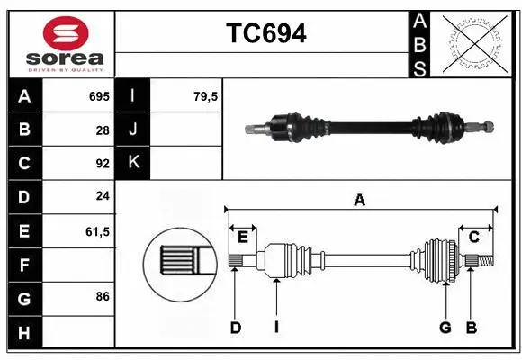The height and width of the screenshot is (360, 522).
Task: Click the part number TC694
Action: coord(265,34)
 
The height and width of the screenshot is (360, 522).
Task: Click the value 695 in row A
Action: coord(98,95)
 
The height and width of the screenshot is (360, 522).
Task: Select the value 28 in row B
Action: coord(102,130)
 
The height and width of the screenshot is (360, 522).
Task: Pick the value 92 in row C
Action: coord(102,164)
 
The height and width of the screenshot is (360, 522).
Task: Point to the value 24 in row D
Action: coord(102,197)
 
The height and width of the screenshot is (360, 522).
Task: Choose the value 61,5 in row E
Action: coord(97,231)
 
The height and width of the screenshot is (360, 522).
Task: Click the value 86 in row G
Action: coord(102,295)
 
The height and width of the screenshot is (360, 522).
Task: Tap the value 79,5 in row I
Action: coord(206,95)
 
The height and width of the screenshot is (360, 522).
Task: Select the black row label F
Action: coord(24,265)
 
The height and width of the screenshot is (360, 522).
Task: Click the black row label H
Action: coord(24,332)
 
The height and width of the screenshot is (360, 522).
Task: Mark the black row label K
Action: coord(133,163)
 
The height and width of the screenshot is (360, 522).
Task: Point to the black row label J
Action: coord(133,130)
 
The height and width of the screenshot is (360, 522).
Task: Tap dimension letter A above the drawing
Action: coord(360,200)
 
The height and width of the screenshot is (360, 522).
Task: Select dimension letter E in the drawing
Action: coord(242,237)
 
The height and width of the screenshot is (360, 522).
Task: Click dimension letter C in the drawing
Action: coord(473,237)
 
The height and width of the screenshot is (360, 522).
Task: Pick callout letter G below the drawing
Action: coord(445,328)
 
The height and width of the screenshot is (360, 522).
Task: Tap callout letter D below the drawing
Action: coord(235,328)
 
